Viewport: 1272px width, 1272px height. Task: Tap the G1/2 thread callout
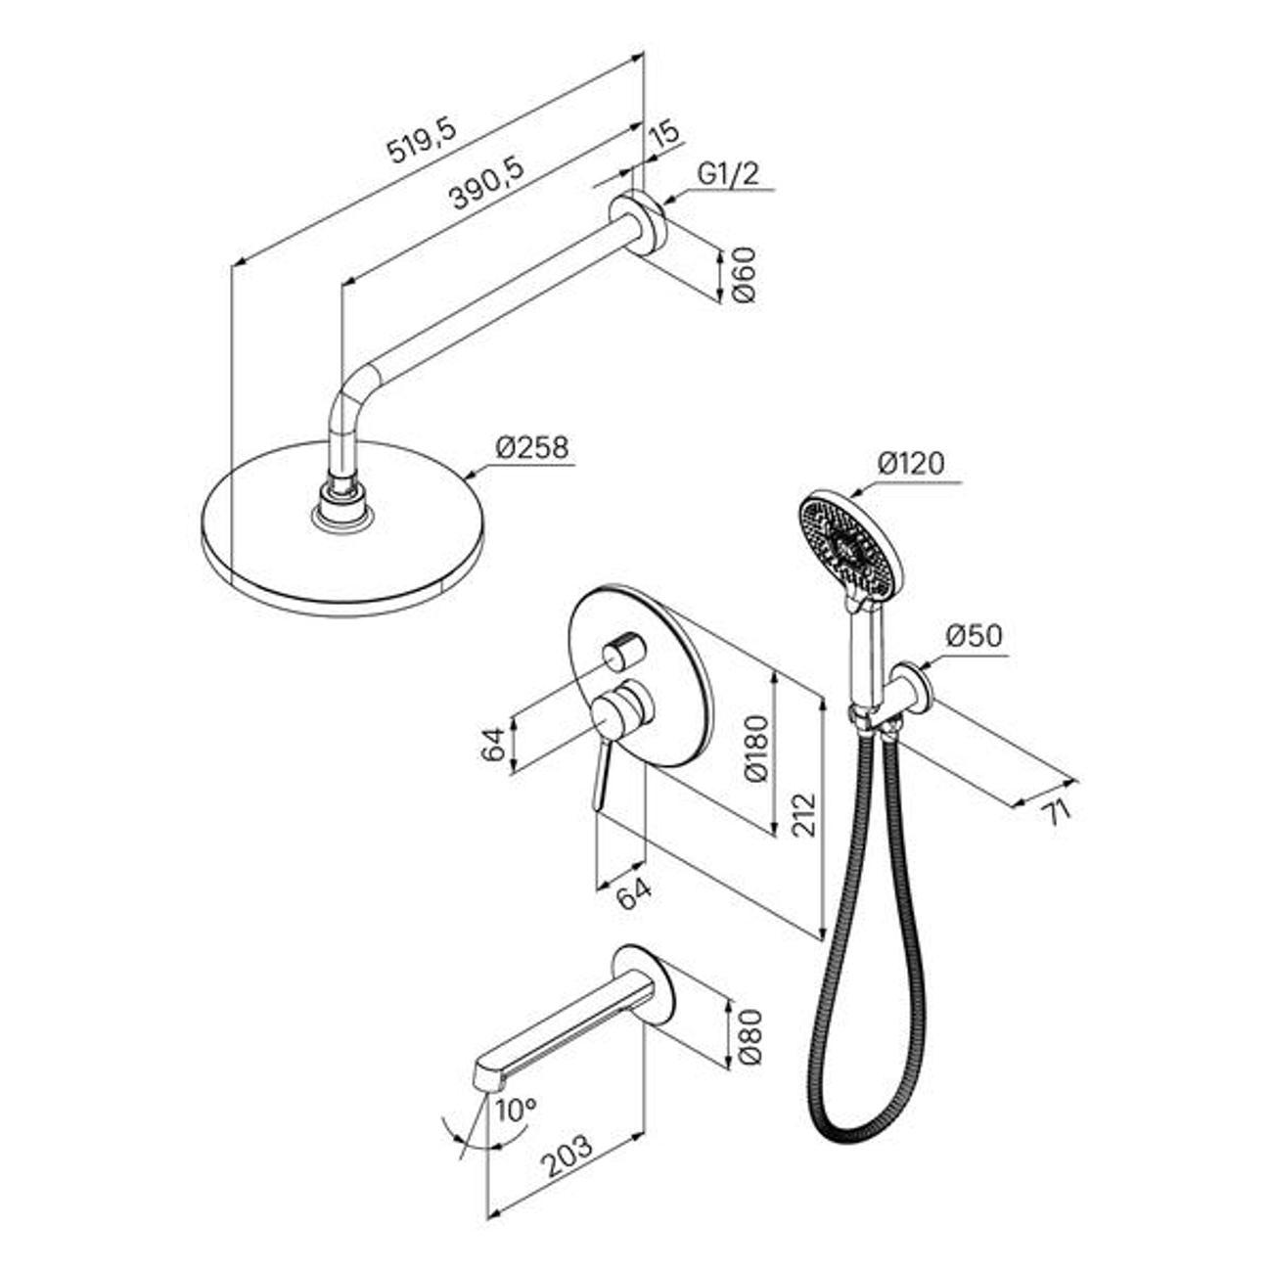click(729, 175)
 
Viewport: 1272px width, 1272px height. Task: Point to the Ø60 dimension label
click(744, 274)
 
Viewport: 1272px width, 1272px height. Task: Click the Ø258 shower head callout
click(532, 447)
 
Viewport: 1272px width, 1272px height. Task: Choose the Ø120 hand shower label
click(911, 464)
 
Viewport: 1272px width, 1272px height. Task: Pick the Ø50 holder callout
click(974, 636)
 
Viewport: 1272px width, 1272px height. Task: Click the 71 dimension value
click(1058, 811)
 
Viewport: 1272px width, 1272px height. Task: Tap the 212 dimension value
click(804, 815)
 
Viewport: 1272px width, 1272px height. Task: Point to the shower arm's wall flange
click(638, 224)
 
